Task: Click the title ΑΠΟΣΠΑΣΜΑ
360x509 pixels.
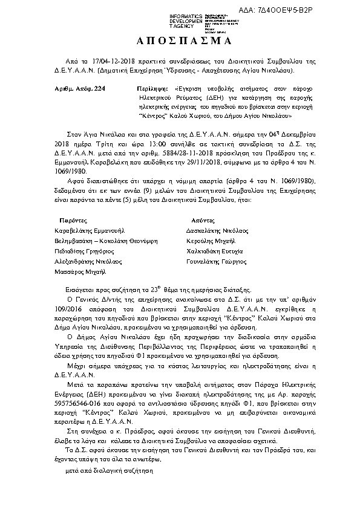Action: pos(180,42)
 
